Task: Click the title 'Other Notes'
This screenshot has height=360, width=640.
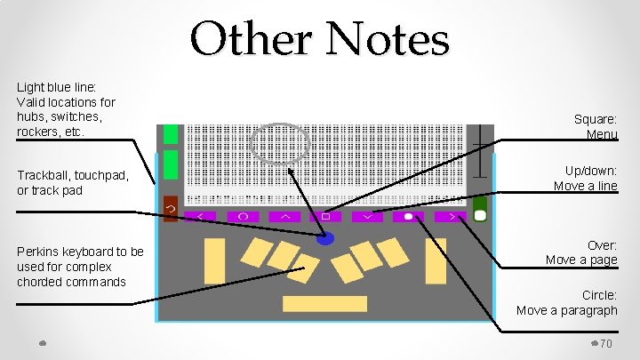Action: [320, 40]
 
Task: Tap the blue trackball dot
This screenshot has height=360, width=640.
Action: [325, 238]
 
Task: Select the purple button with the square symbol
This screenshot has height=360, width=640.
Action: [325, 216]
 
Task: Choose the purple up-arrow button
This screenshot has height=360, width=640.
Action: [284, 216]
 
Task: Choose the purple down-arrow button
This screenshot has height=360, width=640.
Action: [366, 216]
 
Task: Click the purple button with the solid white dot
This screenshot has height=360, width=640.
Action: [408, 216]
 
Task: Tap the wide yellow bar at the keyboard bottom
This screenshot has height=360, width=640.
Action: [324, 304]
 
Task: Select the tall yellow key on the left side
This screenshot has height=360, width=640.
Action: [214, 260]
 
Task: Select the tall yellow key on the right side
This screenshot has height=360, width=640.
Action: [436, 260]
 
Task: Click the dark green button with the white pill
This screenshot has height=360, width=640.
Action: [480, 210]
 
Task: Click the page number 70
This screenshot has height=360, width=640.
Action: [607, 344]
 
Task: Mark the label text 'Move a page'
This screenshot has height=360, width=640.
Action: [581, 260]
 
